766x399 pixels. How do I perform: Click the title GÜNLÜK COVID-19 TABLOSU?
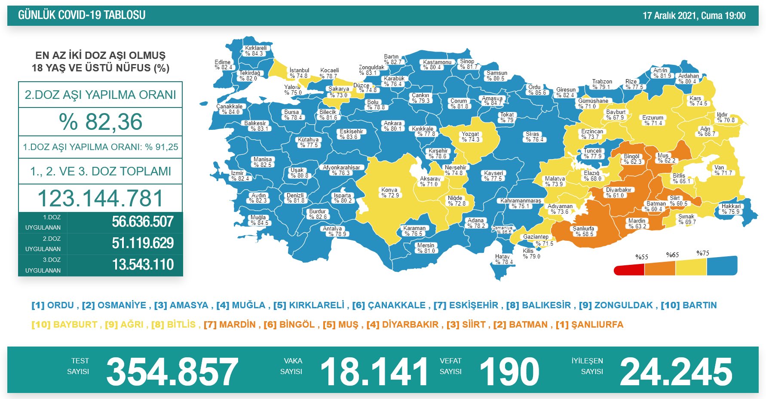click(82, 15)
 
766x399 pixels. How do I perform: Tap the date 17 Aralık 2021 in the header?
click(670, 16)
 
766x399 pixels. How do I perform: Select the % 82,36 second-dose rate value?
click(101, 122)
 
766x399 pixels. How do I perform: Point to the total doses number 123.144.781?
click(101, 198)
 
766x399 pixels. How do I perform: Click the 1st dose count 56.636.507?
click(143, 222)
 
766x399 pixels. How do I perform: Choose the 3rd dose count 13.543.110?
click(143, 265)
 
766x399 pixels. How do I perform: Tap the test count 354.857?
click(172, 371)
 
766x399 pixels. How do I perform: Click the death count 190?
click(509, 371)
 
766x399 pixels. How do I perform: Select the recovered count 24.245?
click(676, 371)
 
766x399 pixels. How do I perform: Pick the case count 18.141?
click(374, 371)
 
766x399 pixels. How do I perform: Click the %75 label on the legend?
click(703, 253)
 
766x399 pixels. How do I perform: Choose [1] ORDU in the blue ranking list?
click(53, 305)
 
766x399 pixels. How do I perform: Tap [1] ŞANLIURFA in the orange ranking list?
click(589, 325)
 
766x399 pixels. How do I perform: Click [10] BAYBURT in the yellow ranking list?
click(64, 325)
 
